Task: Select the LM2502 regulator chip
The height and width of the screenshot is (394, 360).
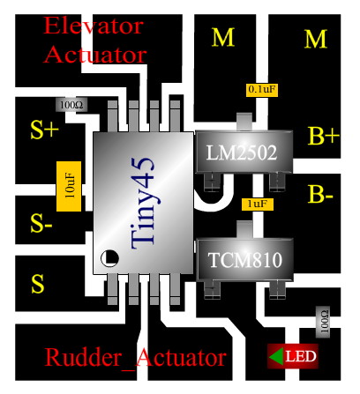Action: (x=244, y=152)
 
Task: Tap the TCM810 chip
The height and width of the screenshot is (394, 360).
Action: (x=244, y=259)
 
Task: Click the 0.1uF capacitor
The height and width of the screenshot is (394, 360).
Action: (x=262, y=90)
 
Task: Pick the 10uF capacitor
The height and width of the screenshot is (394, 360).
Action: (x=69, y=186)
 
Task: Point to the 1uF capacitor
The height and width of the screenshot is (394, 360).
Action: (x=258, y=204)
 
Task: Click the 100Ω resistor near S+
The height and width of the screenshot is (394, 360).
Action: (x=71, y=105)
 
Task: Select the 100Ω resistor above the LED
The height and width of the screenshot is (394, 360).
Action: (x=323, y=322)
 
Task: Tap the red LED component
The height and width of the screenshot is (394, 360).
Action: (x=293, y=356)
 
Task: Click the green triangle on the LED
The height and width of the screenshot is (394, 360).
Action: (x=276, y=356)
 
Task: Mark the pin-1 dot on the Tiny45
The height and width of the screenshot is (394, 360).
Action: (x=109, y=258)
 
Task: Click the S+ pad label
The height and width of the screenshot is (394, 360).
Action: (x=45, y=130)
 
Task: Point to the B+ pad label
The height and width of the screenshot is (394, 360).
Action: (x=323, y=136)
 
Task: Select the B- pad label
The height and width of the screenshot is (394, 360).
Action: (x=320, y=194)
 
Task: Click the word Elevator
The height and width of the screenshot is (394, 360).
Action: (x=94, y=26)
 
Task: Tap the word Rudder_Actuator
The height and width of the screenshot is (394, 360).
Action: (x=136, y=357)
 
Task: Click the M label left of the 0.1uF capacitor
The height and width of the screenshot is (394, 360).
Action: (x=223, y=38)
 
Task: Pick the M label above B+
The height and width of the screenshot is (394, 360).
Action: (x=316, y=39)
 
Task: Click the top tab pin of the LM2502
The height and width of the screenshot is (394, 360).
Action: (x=244, y=122)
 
